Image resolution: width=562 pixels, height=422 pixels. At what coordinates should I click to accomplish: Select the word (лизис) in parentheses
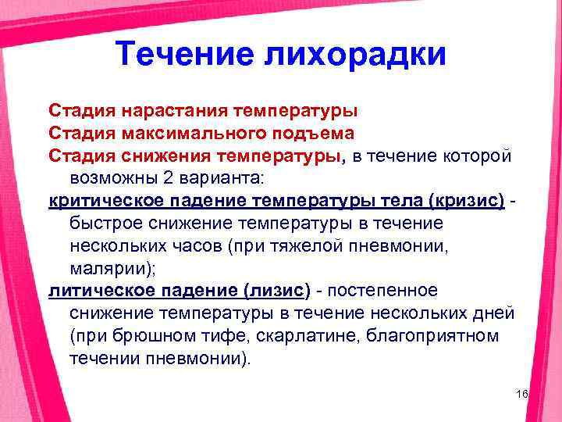pos(276,291)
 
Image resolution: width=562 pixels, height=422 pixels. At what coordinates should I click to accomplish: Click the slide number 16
pos(522,394)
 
